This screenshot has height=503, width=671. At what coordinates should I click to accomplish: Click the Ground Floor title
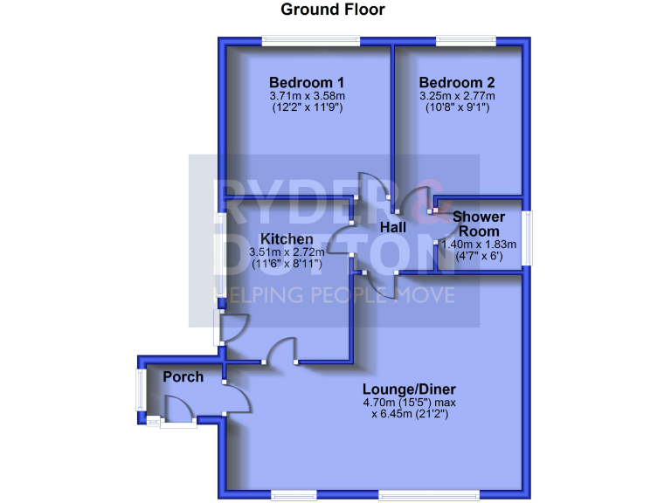tap(332, 10)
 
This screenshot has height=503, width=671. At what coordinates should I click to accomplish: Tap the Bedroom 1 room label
tap(306, 83)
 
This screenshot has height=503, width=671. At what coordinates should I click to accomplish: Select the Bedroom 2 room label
tap(457, 83)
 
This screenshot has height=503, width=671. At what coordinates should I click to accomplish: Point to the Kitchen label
tap(287, 238)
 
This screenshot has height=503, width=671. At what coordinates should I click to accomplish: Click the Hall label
tap(392, 227)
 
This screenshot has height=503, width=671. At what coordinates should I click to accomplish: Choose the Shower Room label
tap(477, 224)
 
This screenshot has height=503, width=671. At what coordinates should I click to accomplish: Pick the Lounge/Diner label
tap(410, 389)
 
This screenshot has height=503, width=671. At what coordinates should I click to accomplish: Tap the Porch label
tap(183, 377)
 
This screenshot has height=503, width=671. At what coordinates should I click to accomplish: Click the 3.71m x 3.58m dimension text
tap(307, 96)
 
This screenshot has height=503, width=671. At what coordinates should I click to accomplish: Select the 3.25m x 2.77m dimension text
tap(457, 96)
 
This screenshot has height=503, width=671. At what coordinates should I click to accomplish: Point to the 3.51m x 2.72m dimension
tap(287, 251)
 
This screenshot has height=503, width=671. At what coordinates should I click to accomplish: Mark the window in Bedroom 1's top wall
tap(310, 39)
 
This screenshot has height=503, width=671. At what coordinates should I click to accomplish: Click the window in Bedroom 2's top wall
tap(466, 39)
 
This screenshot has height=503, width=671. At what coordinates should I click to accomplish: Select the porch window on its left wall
tap(140, 389)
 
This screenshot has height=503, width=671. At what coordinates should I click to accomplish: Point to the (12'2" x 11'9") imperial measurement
tap(307, 108)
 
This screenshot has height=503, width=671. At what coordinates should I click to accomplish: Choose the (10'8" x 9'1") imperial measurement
tap(457, 108)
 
